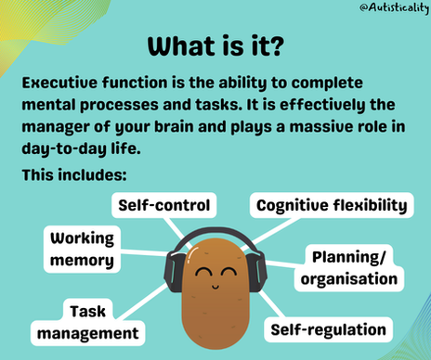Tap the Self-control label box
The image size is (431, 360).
(163, 204)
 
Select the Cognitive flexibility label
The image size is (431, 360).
(332, 205)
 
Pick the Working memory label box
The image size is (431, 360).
(83, 249)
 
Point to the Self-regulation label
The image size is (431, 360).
(327, 328)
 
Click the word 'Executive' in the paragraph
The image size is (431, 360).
(60, 82)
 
